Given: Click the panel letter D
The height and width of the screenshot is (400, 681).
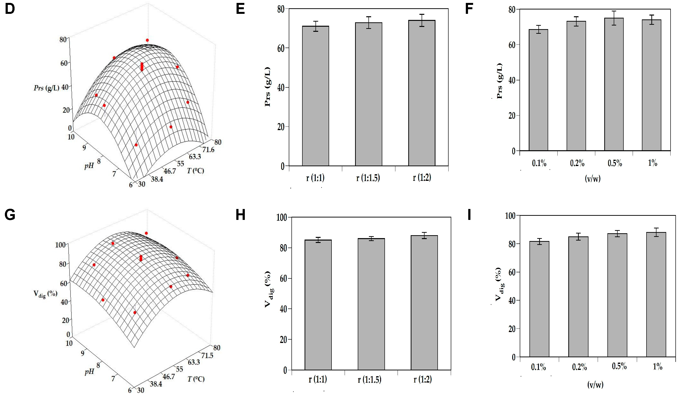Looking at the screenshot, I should point(10,9).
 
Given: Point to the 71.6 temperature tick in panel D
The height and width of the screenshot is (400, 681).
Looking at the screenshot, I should point(208,149).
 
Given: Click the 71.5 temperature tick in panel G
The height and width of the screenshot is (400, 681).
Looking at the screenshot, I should point(207,355).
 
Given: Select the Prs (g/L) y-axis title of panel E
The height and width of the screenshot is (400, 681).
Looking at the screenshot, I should point(268,87).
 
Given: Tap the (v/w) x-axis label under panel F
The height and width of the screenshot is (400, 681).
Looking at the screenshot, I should point(593,178).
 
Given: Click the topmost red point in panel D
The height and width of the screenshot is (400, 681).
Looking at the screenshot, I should point(147,40).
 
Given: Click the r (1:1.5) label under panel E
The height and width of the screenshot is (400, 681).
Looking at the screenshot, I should point(368,178).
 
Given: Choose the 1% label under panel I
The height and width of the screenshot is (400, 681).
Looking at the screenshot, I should point(657,367).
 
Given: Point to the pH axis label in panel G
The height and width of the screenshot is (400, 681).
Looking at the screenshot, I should point(89,372).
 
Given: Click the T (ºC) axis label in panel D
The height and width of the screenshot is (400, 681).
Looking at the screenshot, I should point(195,171).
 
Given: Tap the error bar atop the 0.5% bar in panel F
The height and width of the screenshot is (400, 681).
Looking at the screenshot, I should point(614,18).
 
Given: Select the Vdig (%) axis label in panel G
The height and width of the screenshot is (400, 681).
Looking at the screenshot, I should point(45,294).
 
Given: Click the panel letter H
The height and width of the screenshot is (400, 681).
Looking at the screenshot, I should point(240,215).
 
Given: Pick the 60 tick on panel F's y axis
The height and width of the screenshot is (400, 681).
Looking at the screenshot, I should point(512,45).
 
